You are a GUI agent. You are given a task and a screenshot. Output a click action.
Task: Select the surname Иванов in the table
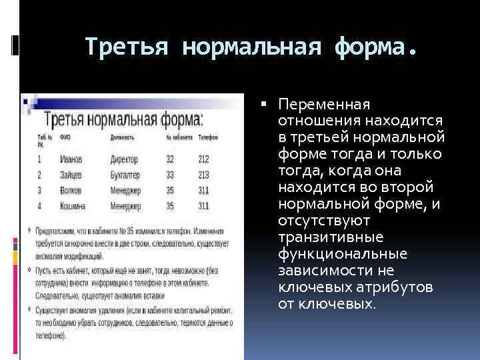point(71,159)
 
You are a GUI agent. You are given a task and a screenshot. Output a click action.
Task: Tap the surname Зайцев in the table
point(71,175)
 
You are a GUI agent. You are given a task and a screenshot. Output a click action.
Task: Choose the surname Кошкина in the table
point(73,205)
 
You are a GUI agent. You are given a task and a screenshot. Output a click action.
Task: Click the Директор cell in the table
point(125,159)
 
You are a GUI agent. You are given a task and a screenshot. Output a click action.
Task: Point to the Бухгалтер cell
point(127,175)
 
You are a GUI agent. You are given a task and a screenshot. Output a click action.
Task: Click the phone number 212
point(203,159)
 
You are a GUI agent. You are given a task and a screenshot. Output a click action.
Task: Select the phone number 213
point(203,175)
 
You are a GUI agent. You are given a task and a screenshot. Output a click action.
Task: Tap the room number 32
point(170,159)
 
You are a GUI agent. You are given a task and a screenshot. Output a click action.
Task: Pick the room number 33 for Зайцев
point(170,175)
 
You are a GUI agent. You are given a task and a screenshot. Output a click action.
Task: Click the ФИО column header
point(65,137)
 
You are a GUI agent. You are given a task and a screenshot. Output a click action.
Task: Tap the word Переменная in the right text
point(324,105)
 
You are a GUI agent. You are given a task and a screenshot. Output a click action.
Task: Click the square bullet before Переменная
point(265,105)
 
